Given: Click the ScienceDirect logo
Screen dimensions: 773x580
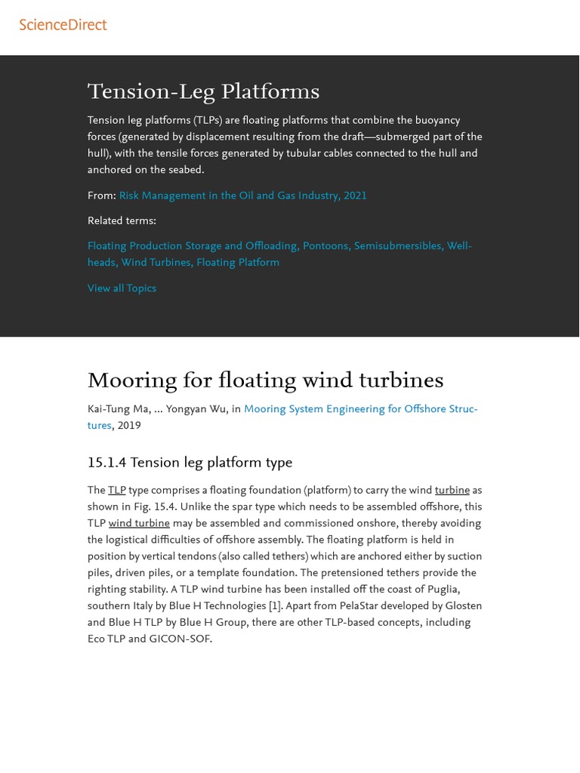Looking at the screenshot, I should click(x=63, y=25).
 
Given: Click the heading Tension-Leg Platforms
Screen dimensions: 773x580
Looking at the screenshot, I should click(x=203, y=92).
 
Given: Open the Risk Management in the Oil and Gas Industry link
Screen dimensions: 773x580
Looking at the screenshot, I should click(x=242, y=196).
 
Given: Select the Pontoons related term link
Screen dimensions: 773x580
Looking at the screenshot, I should click(x=325, y=246).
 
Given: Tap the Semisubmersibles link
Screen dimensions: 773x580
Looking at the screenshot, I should click(x=397, y=246).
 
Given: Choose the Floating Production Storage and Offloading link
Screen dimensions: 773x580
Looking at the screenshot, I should click(x=193, y=246).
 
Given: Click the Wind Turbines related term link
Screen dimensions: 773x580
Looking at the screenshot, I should click(x=156, y=263).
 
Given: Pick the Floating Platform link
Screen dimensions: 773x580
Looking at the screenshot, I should click(x=238, y=263).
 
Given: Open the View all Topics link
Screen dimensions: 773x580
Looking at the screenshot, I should click(x=122, y=288).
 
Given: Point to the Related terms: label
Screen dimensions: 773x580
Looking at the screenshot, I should click(x=122, y=221).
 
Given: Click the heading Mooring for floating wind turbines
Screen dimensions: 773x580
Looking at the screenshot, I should click(x=265, y=380).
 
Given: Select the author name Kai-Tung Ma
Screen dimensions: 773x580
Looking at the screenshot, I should click(x=118, y=409).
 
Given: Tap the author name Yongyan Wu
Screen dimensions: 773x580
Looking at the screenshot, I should click(x=196, y=409).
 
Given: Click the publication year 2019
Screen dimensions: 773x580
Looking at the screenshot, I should click(x=129, y=426).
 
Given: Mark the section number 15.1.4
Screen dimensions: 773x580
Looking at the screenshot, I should click(x=106, y=463).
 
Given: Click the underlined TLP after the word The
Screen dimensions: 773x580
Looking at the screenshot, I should click(x=116, y=491).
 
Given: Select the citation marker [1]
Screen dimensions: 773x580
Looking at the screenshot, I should click(x=275, y=606).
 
